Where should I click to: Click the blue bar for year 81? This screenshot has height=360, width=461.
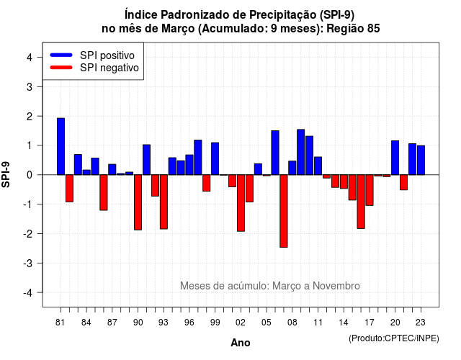[61, 146]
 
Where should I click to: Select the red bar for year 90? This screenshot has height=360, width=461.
[138, 202]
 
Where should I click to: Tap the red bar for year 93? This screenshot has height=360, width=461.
[164, 202]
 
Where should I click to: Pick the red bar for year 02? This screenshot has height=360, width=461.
[241, 203]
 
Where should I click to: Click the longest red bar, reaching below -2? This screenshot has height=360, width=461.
[284, 211]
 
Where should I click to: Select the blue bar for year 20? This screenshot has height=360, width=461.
[395, 158]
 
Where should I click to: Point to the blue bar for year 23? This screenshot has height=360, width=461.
[421, 160]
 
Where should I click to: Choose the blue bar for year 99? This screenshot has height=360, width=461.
[215, 158]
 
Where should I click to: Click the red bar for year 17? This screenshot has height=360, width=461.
[370, 190]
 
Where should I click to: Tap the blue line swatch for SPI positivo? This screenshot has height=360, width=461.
[61, 55]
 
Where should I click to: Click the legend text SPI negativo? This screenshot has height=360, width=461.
[109, 68]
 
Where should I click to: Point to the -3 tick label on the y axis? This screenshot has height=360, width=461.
[29, 264]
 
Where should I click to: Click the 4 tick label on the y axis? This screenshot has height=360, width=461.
[30, 58]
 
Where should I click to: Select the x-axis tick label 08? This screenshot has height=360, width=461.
[292, 323]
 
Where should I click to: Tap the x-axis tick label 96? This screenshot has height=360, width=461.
[189, 323]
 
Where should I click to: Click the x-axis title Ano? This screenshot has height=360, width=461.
[241, 343]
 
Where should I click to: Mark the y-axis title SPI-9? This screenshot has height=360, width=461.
[6, 174]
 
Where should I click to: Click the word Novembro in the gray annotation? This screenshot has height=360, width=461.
[336, 286]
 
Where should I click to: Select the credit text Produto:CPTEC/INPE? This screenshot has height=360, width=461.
[394, 338]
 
